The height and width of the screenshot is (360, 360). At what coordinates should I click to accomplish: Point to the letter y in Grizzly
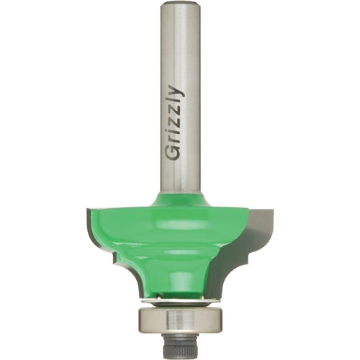[x=178, y=91]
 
